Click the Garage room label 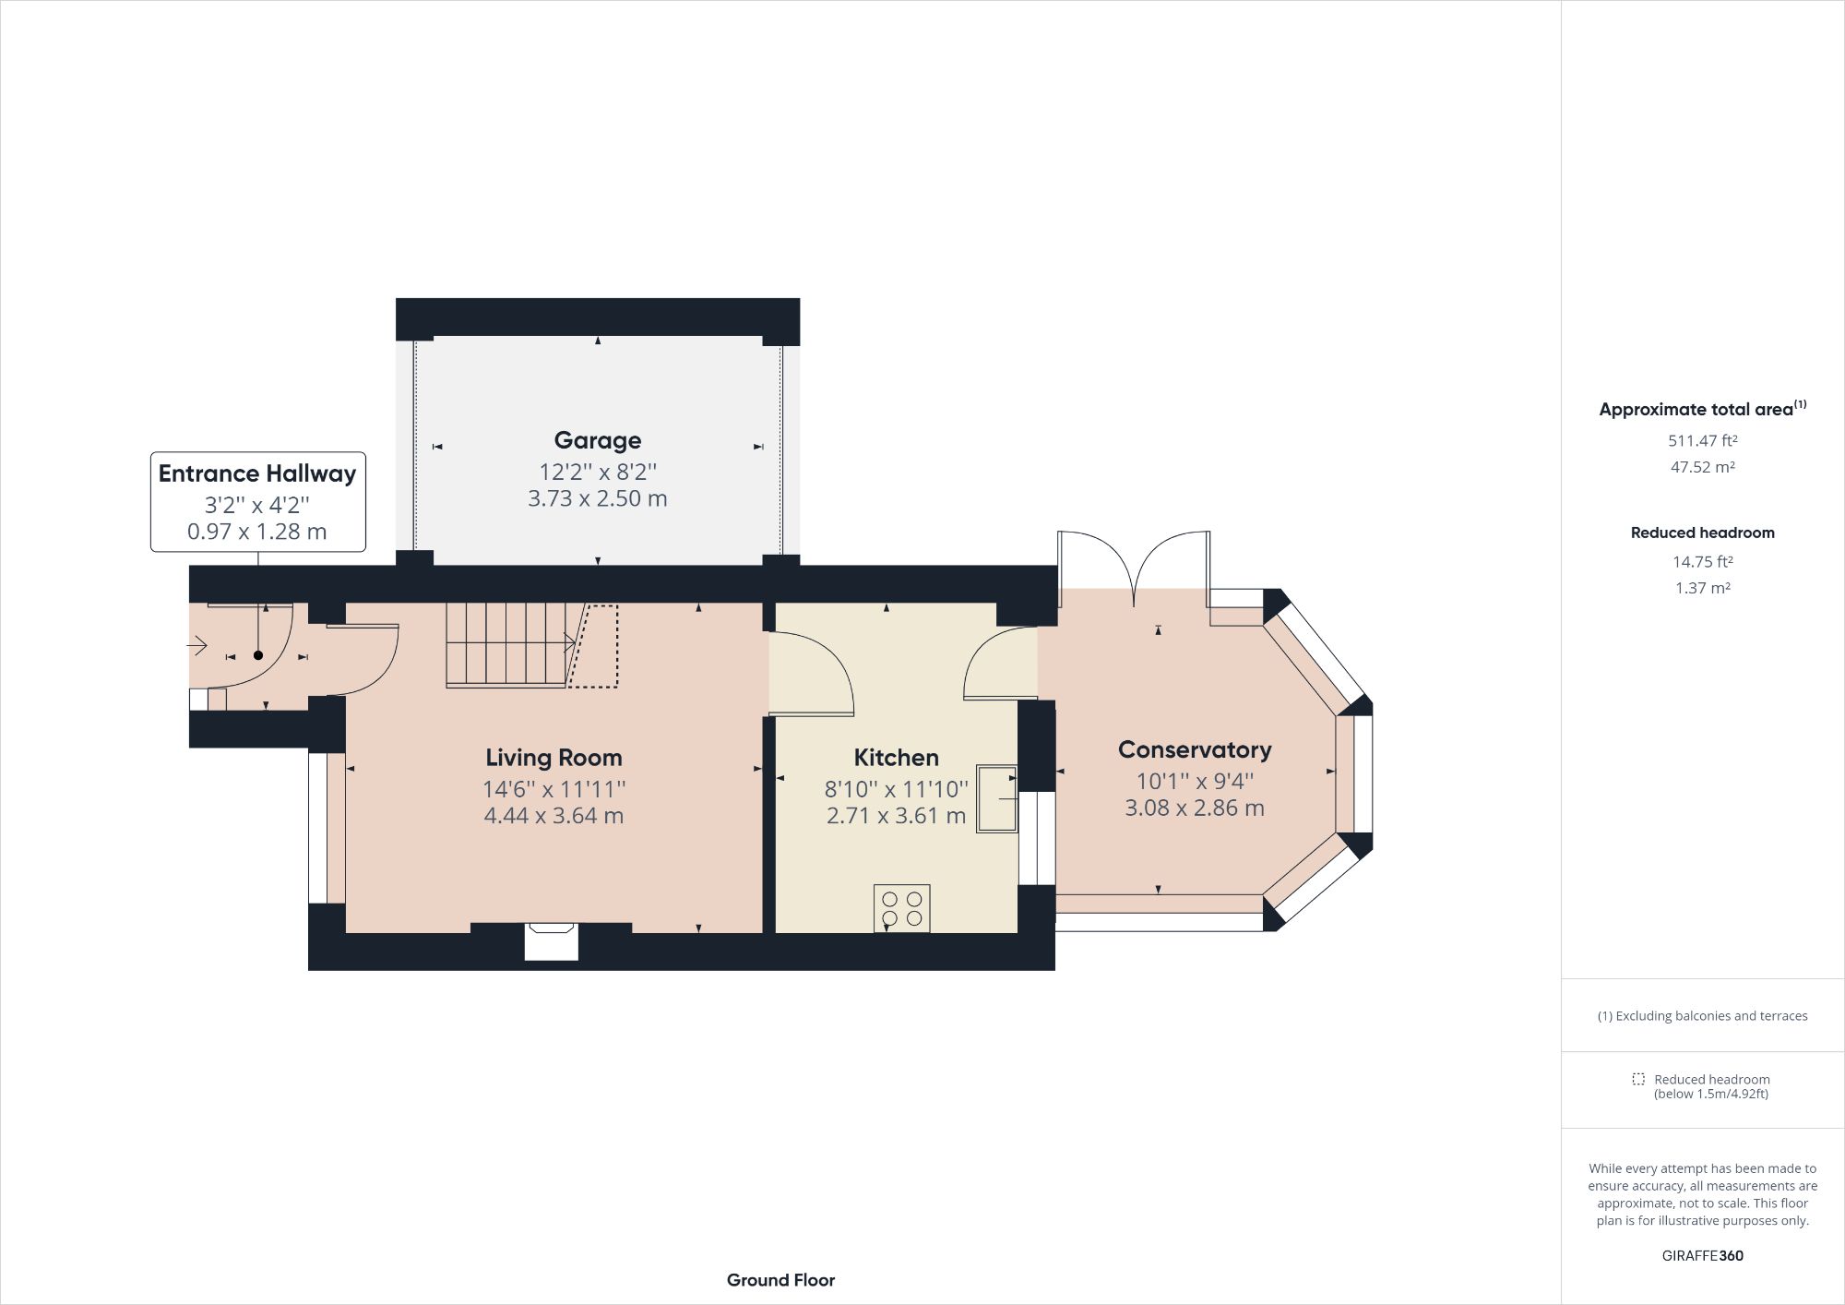pos(597,440)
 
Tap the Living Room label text pos(553,758)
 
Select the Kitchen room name pos(896,758)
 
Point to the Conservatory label pos(1194,749)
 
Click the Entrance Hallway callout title pos(256,473)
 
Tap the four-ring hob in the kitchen pos(901,908)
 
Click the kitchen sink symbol pos(996,798)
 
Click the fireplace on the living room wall pos(551,940)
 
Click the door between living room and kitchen pos(812,674)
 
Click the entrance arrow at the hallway pos(197,646)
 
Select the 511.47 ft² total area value pos(1702,441)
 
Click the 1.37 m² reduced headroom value pos(1702,588)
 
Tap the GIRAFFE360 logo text pos(1702,1255)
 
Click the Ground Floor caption pos(780,1280)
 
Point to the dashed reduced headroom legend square pos(1637,1079)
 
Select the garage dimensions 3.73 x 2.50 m pos(597,498)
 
